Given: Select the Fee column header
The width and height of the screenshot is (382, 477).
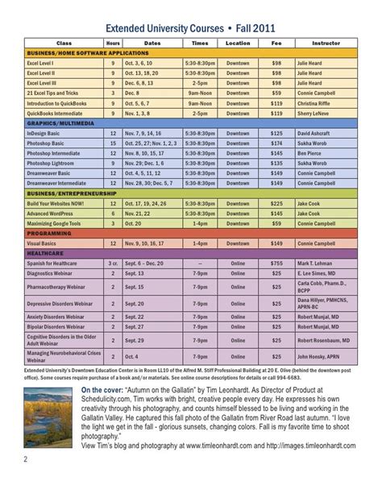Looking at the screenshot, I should pyautogui.click(x=277, y=43).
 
